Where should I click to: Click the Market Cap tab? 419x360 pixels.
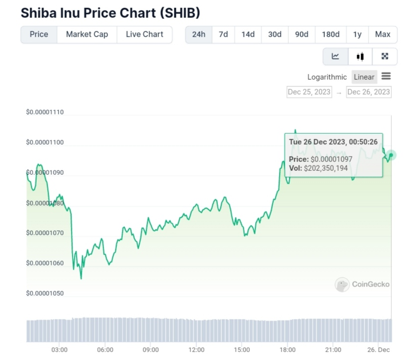[87, 34]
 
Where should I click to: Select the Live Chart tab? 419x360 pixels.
[144, 34]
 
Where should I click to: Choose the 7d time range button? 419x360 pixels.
[223, 34]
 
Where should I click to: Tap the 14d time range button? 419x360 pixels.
[248, 34]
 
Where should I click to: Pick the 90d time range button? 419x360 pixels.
[302, 34]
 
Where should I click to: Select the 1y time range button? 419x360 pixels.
[357, 34]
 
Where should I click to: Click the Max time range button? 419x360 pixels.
[383, 34]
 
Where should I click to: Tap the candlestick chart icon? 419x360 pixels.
[360, 56]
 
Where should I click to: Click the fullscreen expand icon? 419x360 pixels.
[385, 56]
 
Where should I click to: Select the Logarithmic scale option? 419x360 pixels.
[327, 77]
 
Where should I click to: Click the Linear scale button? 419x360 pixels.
[364, 77]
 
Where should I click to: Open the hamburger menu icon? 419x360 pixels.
[386, 76]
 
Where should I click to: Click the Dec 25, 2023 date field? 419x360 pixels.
[309, 92]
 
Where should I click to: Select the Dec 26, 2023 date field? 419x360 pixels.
[368, 92]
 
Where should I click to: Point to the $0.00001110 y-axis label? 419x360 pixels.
[45, 112]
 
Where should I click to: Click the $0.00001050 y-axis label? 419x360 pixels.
[45, 293]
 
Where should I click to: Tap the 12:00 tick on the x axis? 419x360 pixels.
[197, 350]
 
